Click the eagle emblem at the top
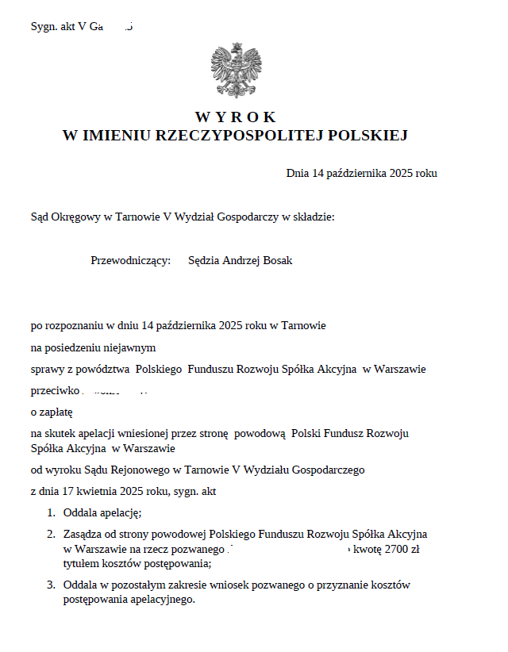236,71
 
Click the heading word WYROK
235,117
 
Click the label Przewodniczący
131,260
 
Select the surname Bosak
276,260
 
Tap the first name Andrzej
240,260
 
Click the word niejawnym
130,347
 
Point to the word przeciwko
56,390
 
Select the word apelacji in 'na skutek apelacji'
105,433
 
